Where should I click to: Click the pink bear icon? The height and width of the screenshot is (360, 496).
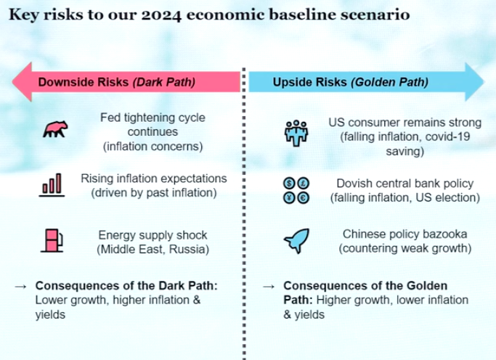(55, 129)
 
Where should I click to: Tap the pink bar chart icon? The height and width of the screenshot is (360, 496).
(52, 185)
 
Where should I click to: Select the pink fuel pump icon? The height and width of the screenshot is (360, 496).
(52, 241)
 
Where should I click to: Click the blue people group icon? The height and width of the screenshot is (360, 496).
(296, 133)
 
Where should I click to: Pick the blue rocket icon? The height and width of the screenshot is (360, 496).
(297, 240)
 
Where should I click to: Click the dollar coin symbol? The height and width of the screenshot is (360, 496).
(289, 183)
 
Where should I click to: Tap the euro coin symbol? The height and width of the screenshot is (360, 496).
(304, 198)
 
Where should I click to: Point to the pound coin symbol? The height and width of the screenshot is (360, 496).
(304, 183)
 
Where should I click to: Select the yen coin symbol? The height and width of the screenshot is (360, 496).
(289, 198)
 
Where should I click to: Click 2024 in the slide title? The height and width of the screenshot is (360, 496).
(161, 15)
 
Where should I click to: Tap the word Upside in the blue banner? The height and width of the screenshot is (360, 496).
(290, 82)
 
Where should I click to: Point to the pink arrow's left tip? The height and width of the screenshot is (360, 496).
(12, 82)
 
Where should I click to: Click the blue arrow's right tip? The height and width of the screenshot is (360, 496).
(484, 82)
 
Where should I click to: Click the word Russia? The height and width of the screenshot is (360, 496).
(189, 250)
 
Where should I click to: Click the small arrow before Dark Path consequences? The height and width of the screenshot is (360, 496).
(21, 287)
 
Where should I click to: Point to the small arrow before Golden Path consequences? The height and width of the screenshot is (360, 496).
(269, 287)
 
